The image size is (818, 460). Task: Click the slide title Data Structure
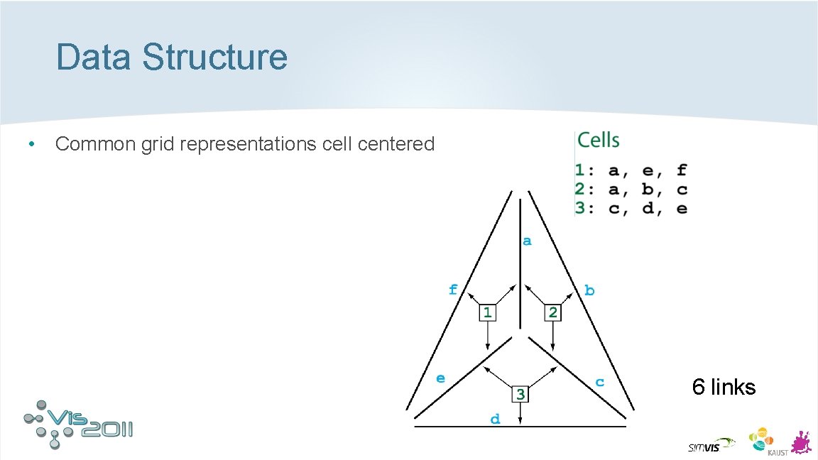point(172,57)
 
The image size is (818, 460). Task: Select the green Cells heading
point(598,141)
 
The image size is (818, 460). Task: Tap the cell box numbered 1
point(487,312)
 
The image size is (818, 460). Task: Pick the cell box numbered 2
point(553,312)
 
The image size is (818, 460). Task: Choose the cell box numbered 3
point(520,393)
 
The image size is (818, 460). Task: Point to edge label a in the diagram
point(527,241)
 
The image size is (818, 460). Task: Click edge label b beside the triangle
point(589,290)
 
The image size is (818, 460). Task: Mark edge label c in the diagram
point(600,382)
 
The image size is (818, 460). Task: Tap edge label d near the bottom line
point(495,420)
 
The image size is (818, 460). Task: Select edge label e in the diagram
point(441,378)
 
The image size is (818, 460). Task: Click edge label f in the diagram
point(453,289)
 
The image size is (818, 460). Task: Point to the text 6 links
point(724,387)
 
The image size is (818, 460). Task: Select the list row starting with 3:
point(631,209)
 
